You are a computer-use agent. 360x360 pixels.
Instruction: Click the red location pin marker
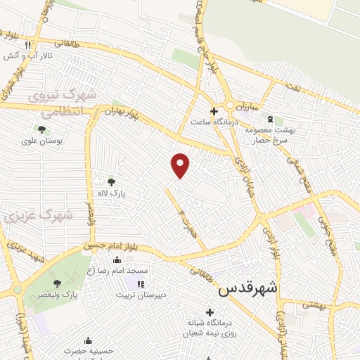[x=181, y=165]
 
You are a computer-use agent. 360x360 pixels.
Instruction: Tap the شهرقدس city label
[x=248, y=288]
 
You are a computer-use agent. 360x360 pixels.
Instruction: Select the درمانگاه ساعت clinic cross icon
[x=214, y=110]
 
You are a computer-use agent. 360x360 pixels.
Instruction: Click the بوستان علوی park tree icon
[x=41, y=129]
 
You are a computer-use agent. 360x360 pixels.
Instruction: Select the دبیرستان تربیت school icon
[x=140, y=284]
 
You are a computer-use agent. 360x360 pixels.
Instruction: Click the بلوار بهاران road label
[x=120, y=112]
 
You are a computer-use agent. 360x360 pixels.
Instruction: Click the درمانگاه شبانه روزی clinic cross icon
[x=209, y=311]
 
